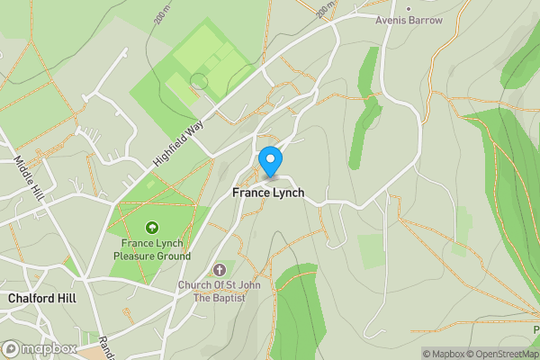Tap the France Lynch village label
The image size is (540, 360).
point(268,193)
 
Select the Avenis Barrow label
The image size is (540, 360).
point(409,20)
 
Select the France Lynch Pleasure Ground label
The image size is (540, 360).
point(152,249)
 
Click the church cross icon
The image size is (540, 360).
point(219,270)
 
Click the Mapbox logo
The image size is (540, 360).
point(39,348)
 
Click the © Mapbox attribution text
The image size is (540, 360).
point(446,354)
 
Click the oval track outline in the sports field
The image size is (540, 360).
point(199,81)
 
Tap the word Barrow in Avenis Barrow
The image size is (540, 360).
point(425,20)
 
